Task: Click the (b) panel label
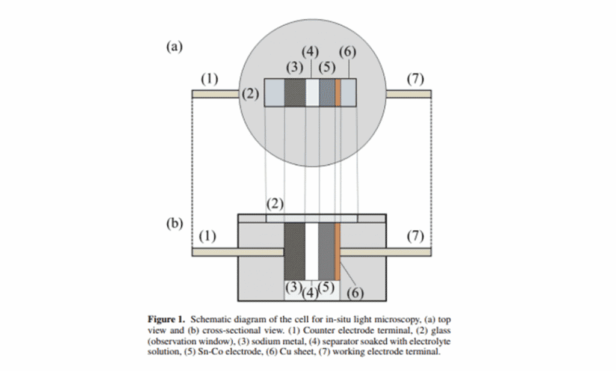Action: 174,223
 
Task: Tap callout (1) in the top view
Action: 210,79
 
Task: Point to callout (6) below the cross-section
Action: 356,293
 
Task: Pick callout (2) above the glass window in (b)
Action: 275,203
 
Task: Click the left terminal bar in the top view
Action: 216,94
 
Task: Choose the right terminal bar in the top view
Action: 408,94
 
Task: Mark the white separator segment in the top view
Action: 312,93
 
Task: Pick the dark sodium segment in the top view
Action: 295,93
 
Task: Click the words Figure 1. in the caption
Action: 167,318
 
